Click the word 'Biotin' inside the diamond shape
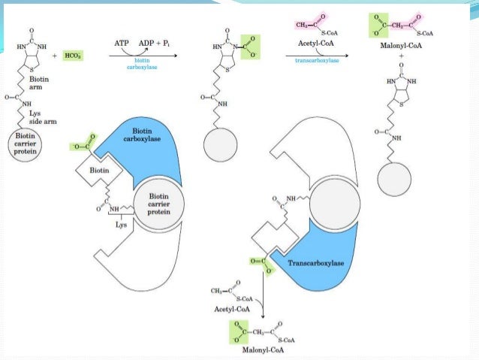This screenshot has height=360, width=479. coord(104,170)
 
